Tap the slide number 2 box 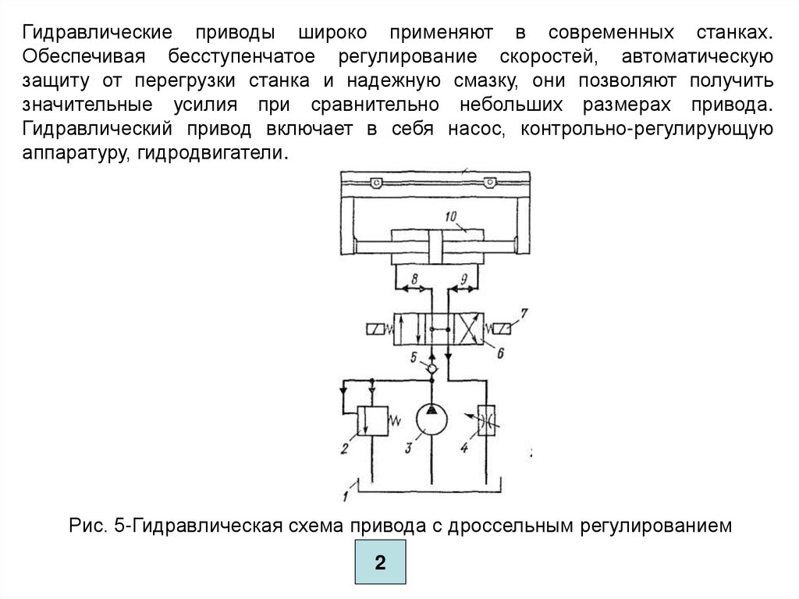(381, 564)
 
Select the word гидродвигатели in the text (212, 154)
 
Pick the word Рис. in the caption (84, 526)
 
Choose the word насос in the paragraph (471, 130)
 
